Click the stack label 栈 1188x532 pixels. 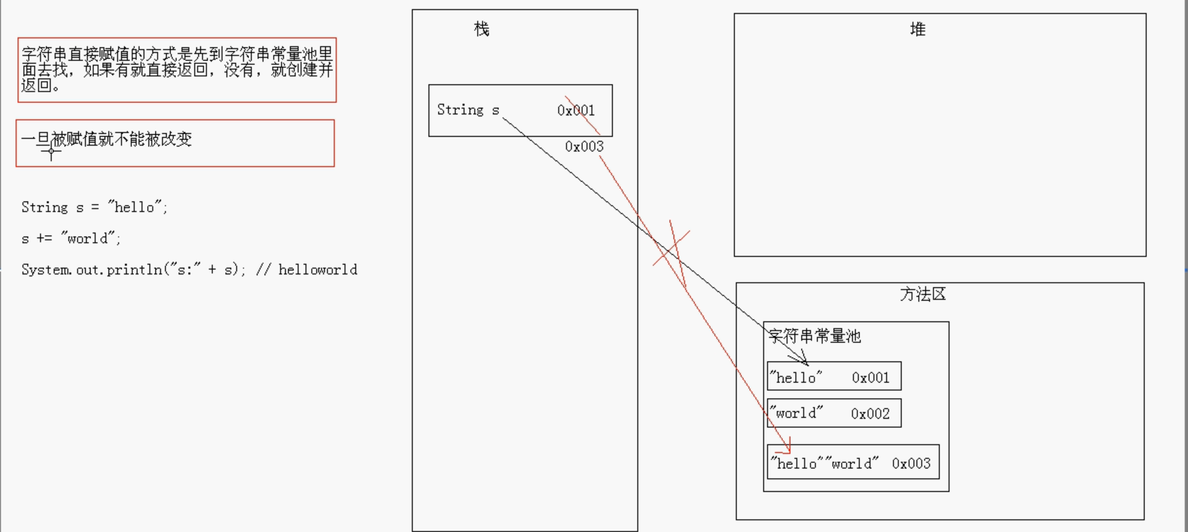click(x=481, y=29)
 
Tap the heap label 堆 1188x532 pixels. click(x=917, y=29)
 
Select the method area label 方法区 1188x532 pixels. click(x=923, y=295)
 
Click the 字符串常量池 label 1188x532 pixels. click(x=815, y=336)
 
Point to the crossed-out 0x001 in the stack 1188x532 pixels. click(x=576, y=111)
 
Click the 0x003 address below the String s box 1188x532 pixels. click(x=584, y=147)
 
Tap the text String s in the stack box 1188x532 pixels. click(x=468, y=110)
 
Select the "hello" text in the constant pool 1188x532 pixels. click(x=796, y=377)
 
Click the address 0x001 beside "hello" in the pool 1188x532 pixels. click(x=871, y=378)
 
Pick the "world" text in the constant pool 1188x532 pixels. click(x=796, y=413)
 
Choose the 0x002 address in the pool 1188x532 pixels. click(x=870, y=414)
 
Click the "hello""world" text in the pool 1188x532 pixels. click(x=824, y=464)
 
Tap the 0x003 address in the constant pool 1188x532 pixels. click(x=911, y=464)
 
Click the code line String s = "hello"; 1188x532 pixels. click(x=94, y=207)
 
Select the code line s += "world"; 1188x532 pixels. click(x=71, y=239)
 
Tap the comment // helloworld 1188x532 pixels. click(x=306, y=270)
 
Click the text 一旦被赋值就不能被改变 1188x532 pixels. click(x=107, y=139)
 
